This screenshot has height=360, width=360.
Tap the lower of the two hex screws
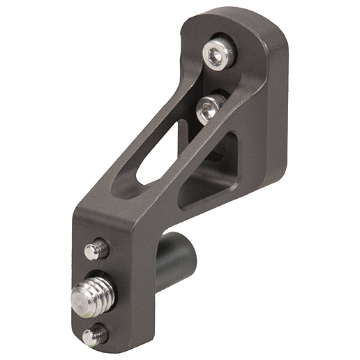(210, 108)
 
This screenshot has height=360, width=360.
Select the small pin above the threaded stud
(96, 249)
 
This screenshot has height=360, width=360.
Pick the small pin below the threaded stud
(94, 336)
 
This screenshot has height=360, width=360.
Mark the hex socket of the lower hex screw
(207, 107)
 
